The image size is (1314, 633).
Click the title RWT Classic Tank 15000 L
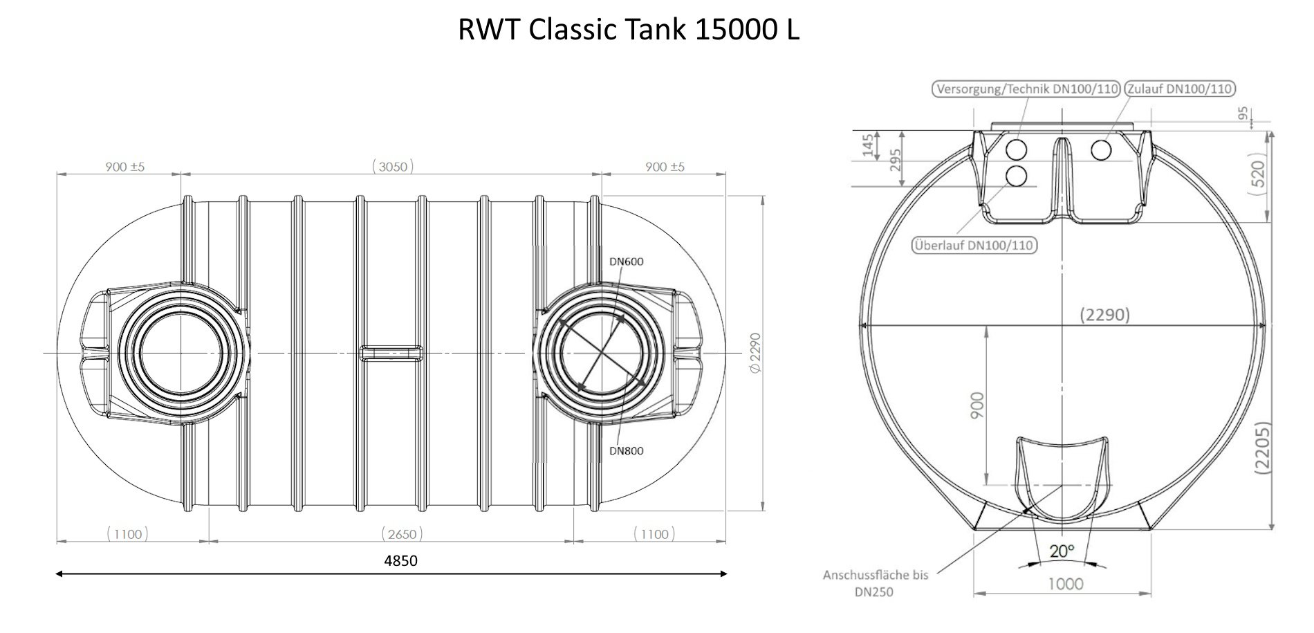point(628,30)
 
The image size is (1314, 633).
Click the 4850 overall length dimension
point(400,560)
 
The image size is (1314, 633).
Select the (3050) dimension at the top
point(392,166)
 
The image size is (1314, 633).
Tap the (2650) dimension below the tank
point(402,533)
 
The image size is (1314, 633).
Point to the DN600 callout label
point(626,262)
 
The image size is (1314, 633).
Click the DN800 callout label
point(626,451)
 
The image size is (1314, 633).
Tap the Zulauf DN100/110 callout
point(1180,89)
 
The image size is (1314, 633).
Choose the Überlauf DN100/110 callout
point(974,245)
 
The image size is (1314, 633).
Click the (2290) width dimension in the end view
point(1104,315)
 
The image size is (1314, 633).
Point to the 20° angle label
point(1062,551)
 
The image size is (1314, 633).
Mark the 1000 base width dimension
point(1065,584)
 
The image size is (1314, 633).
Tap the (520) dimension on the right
point(1259,174)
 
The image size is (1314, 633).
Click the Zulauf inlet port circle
point(1102,149)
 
